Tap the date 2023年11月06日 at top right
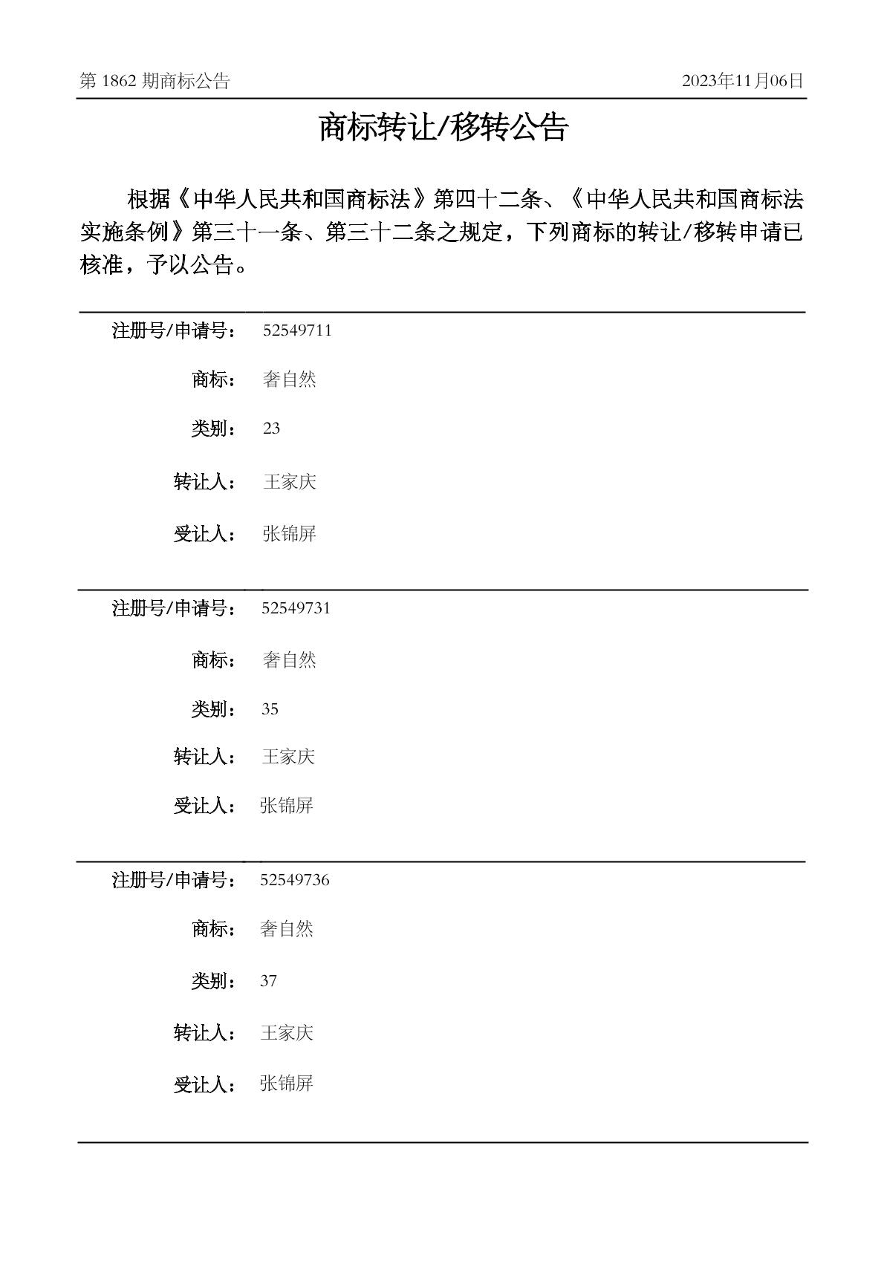742,81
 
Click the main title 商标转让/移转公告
443,127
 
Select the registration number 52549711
297,330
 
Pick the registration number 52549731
296,608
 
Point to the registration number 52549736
295,880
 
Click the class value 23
271,429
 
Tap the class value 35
270,709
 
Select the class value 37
268,981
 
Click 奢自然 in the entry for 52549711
290,379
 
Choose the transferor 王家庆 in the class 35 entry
288,757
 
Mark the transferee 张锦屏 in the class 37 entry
286,1084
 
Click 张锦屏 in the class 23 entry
290,533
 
